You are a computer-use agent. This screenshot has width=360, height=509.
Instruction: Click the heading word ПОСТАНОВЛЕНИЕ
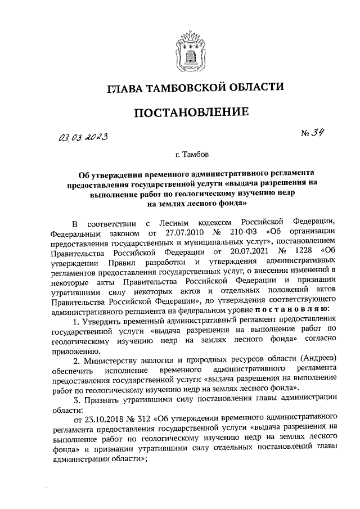click(x=191, y=113)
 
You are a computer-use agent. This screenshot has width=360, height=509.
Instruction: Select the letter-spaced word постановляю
click(x=291, y=310)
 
